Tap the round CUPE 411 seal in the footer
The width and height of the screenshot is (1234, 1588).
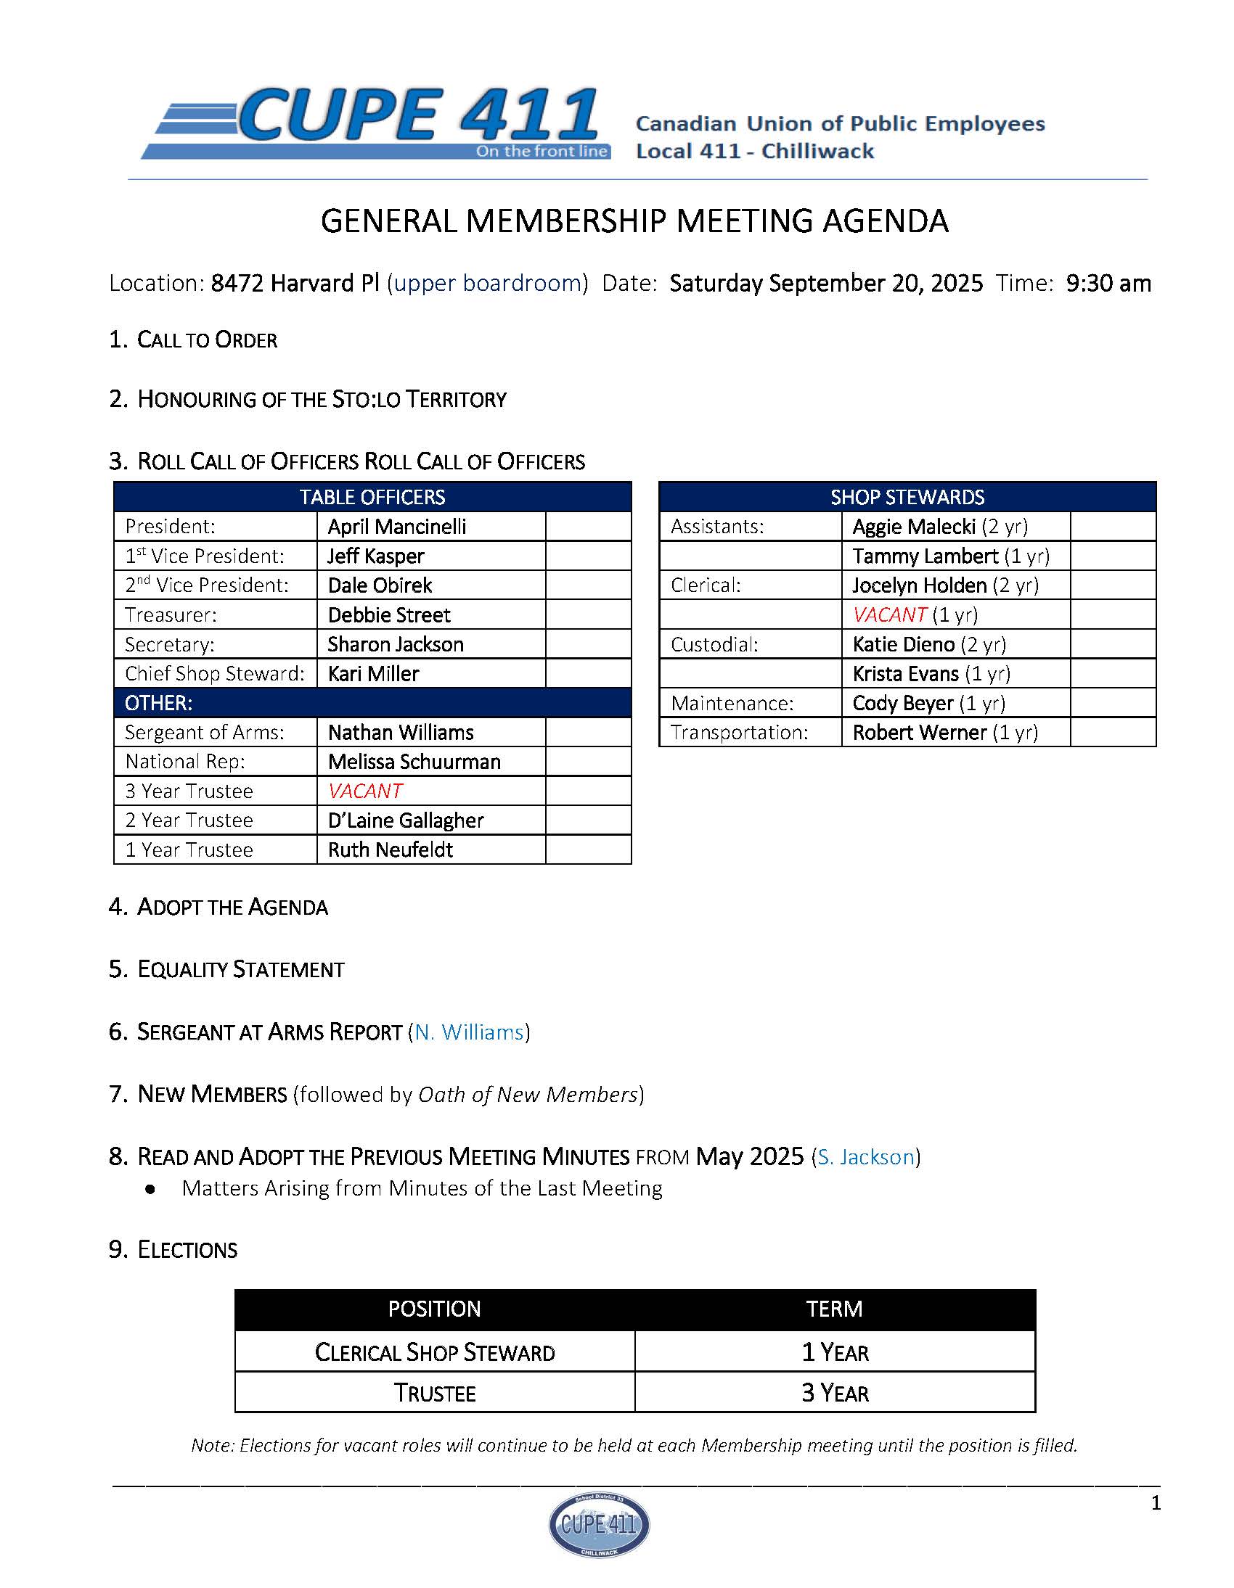[599, 1524]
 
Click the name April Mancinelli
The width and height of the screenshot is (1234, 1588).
[396, 527]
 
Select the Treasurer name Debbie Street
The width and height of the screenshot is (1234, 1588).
[388, 615]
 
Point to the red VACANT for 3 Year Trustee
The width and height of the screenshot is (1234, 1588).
[365, 790]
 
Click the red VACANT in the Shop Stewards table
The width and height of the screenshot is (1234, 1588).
[890, 615]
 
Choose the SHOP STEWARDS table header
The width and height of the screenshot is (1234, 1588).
[907, 498]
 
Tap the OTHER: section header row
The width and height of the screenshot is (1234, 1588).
[159, 703]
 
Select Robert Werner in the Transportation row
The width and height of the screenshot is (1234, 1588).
[919, 732]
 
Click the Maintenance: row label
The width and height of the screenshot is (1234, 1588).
[732, 703]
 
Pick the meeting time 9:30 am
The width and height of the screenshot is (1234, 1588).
[1108, 283]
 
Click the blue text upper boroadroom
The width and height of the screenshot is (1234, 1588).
[488, 283]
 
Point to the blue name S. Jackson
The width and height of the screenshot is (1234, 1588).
[866, 1157]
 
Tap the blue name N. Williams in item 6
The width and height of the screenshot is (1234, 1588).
[470, 1032]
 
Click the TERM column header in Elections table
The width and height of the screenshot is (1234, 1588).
[834, 1309]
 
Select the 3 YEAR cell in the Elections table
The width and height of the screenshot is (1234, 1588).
[835, 1392]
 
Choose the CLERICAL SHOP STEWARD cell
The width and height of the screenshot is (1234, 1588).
[434, 1352]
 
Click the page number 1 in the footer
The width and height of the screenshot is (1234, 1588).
[1156, 1503]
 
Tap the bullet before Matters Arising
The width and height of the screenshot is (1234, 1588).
[150, 1189]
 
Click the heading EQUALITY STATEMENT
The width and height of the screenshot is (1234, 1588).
[240, 969]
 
